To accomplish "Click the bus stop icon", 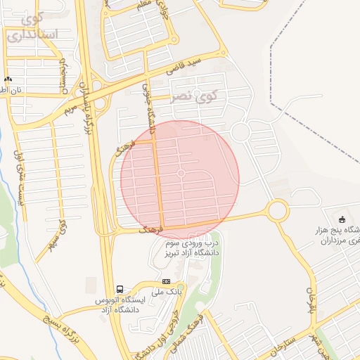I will point(120,289).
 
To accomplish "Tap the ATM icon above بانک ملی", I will point(166,281).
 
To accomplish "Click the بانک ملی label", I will point(169,290).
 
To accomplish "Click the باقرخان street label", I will point(309,299).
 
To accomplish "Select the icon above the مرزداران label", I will point(342,220).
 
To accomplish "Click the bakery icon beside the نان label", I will point(8,80).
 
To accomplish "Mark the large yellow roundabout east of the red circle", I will point(278,210).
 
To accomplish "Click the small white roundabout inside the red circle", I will point(181,173).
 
